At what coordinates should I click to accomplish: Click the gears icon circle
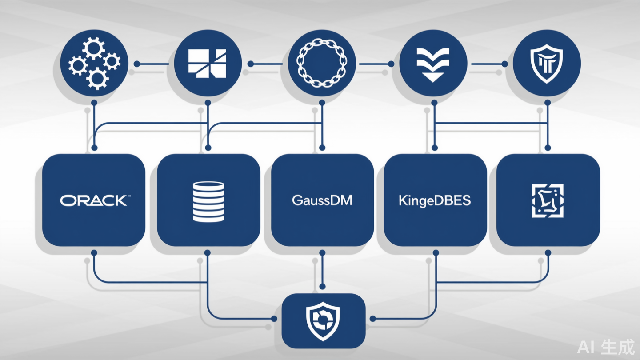click(x=94, y=63)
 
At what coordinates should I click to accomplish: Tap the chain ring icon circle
click(x=322, y=63)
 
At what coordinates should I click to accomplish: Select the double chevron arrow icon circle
click(x=433, y=63)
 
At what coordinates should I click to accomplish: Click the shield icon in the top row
click(x=547, y=63)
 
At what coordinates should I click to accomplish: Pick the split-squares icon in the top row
click(x=208, y=63)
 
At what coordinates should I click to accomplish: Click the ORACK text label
click(x=94, y=200)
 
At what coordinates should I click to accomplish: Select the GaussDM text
click(x=322, y=200)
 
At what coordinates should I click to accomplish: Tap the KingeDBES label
click(x=435, y=200)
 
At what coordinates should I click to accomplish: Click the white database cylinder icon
click(x=208, y=201)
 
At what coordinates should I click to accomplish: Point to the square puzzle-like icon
click(x=548, y=201)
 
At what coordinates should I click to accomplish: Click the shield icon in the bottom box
click(x=323, y=321)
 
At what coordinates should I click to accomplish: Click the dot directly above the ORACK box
click(x=94, y=147)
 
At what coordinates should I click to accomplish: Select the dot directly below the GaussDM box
click(x=322, y=253)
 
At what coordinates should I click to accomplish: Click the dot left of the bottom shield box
click(x=274, y=319)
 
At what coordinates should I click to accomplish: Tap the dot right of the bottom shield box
click(x=372, y=319)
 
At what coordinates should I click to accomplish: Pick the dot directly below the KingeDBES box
click(x=436, y=253)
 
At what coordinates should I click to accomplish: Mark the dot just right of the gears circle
click(x=137, y=64)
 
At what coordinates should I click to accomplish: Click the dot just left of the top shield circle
click(x=504, y=64)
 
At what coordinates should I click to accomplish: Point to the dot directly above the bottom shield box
click(x=322, y=286)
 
